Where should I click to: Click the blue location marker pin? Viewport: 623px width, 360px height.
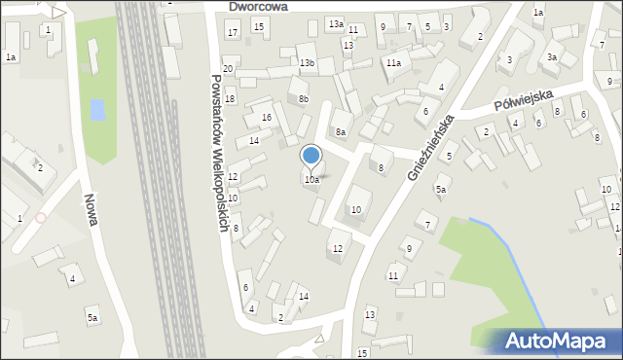[x=311, y=156]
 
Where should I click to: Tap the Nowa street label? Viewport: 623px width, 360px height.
[x=90, y=208]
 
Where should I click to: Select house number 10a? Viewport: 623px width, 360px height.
[x=311, y=180]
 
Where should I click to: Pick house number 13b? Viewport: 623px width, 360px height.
[x=307, y=63]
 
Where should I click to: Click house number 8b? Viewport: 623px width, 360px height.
[x=304, y=98]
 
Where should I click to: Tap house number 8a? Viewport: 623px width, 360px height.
[x=340, y=131]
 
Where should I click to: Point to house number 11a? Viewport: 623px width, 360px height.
[x=392, y=63]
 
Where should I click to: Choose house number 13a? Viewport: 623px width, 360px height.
[x=336, y=23]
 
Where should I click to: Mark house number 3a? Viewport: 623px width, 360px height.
[x=552, y=57]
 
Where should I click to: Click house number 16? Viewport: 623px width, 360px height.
[x=267, y=118]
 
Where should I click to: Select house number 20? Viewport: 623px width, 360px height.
[x=228, y=69]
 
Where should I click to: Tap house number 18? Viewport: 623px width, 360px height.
[x=230, y=99]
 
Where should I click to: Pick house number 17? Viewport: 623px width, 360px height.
[x=232, y=33]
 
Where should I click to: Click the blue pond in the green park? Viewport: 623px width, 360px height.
[x=97, y=109]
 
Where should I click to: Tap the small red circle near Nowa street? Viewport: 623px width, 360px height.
[x=40, y=217]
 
